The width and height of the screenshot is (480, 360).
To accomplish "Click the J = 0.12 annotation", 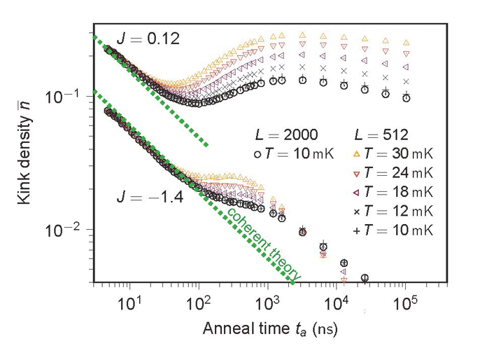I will tap(148, 40).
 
